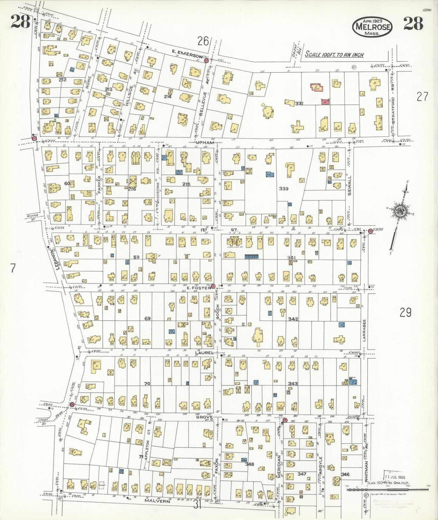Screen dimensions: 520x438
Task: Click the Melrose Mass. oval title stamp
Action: (x=372, y=27)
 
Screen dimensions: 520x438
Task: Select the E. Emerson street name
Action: (x=187, y=56)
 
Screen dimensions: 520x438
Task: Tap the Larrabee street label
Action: (x=365, y=330)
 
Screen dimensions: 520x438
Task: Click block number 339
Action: (x=284, y=189)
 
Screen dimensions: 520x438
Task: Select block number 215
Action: (x=186, y=184)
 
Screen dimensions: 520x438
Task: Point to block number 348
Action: (x=249, y=464)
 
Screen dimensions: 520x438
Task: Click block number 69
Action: (x=148, y=319)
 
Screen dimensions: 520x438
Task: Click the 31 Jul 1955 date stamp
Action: (x=396, y=477)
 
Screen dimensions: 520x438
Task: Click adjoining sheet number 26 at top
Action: (x=203, y=41)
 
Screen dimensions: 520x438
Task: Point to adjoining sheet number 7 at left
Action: (x=13, y=268)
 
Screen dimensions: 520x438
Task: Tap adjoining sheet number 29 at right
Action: (x=405, y=312)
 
